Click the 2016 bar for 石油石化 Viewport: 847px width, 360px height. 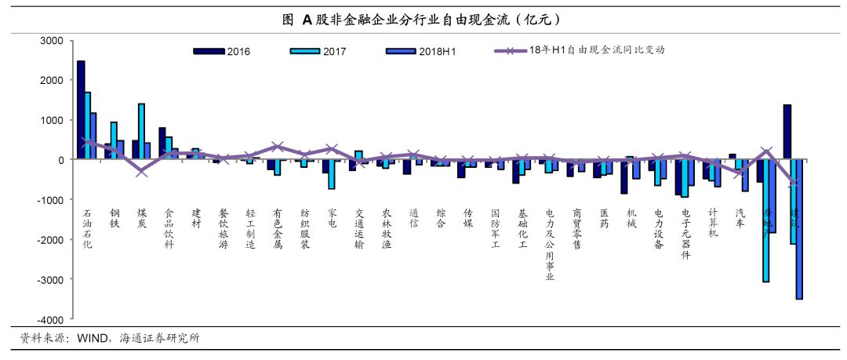point(81,110)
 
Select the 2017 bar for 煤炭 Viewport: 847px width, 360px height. point(141,131)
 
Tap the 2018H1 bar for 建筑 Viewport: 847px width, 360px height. point(799,229)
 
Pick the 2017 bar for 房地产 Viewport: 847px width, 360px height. point(765,220)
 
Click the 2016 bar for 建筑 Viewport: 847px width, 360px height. point(787,132)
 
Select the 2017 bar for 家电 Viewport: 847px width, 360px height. point(332,174)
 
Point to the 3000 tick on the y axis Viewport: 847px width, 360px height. point(53,40)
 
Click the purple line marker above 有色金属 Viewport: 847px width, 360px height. point(277,147)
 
